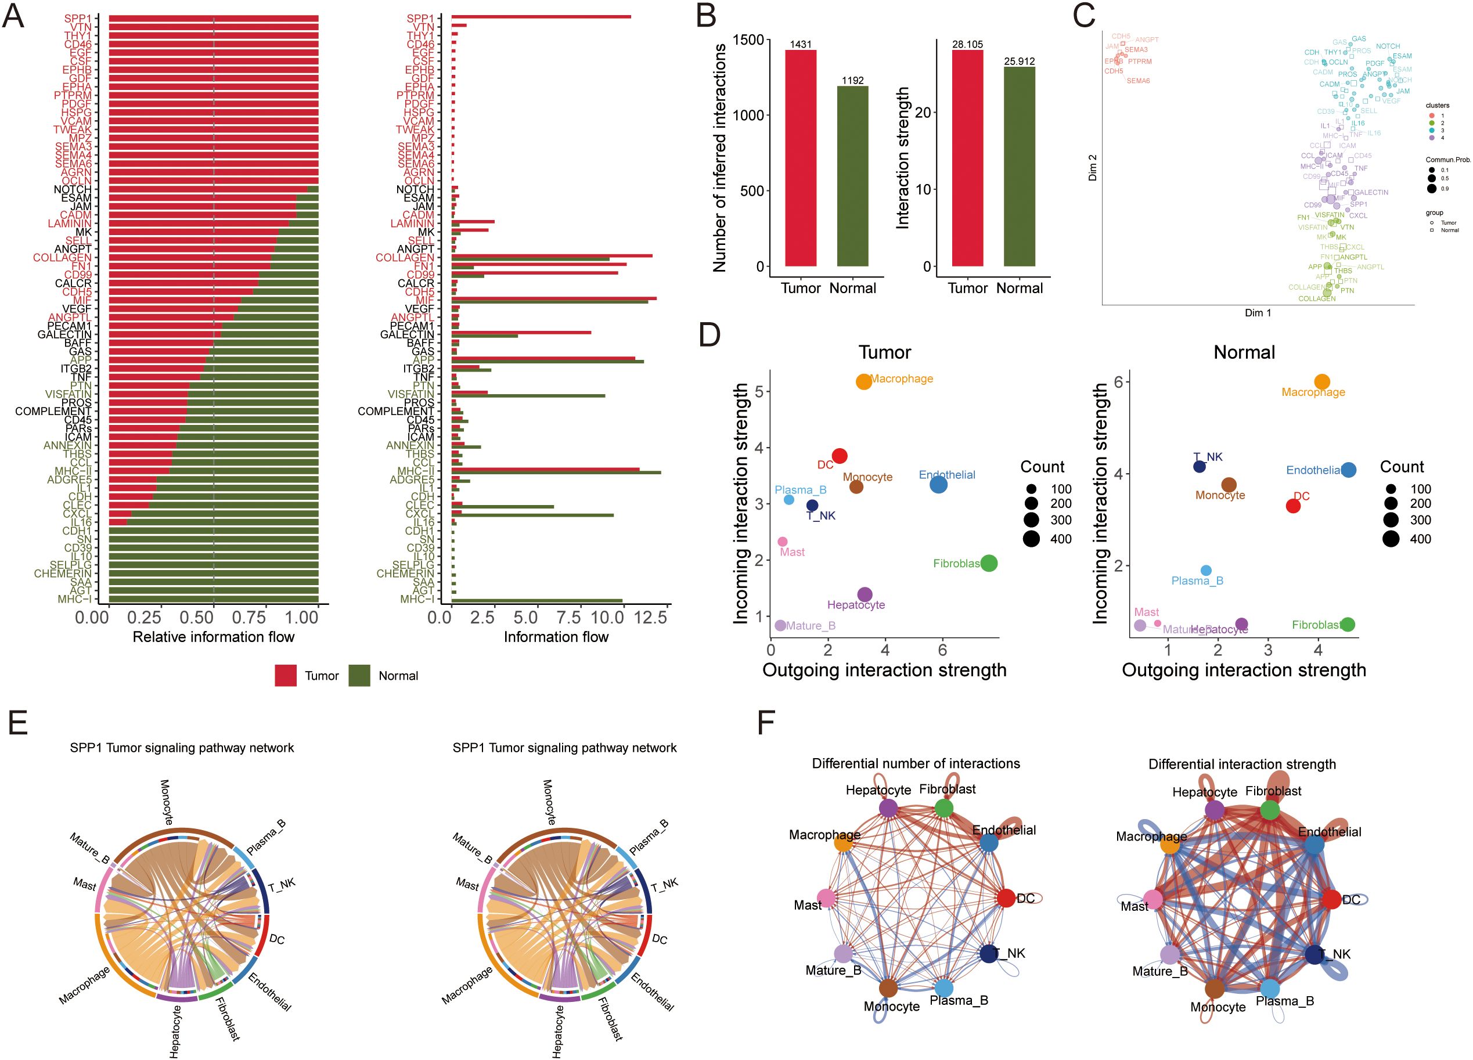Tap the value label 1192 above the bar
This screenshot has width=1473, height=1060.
click(x=852, y=81)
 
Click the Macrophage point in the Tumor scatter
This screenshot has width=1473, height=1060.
click(x=863, y=381)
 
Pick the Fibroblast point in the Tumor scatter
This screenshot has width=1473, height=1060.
click(x=989, y=563)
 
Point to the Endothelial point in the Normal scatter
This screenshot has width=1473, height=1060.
click(x=1348, y=470)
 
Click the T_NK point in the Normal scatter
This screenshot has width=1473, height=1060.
click(x=1199, y=466)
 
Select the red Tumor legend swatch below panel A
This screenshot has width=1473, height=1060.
click(x=286, y=676)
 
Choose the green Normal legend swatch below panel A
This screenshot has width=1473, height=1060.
click(x=359, y=676)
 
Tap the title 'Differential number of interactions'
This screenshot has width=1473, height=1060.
click(x=916, y=763)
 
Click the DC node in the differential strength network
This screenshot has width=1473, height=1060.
click(x=1331, y=899)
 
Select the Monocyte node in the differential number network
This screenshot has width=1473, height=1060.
click(x=888, y=988)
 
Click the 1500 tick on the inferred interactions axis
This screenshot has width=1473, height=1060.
click(x=748, y=39)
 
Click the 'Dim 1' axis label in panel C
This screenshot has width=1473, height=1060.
click(x=1258, y=313)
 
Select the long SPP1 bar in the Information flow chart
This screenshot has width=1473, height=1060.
click(x=541, y=16)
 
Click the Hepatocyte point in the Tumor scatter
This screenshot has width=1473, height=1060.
click(x=865, y=594)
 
